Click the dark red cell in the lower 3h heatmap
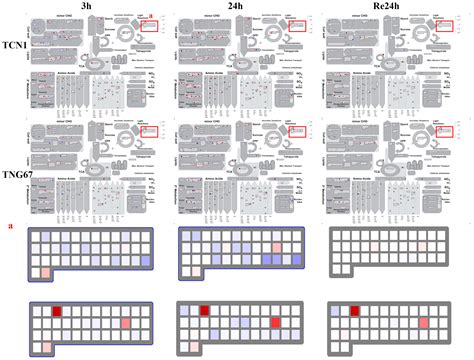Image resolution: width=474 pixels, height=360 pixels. pyautogui.click(x=57, y=310)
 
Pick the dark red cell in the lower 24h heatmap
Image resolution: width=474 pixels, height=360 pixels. pyautogui.click(x=206, y=310)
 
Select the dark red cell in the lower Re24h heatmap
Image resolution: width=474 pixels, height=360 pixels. pyautogui.click(x=353, y=310)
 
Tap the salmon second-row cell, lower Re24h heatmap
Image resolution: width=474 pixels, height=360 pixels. pyautogui.click(x=423, y=323)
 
